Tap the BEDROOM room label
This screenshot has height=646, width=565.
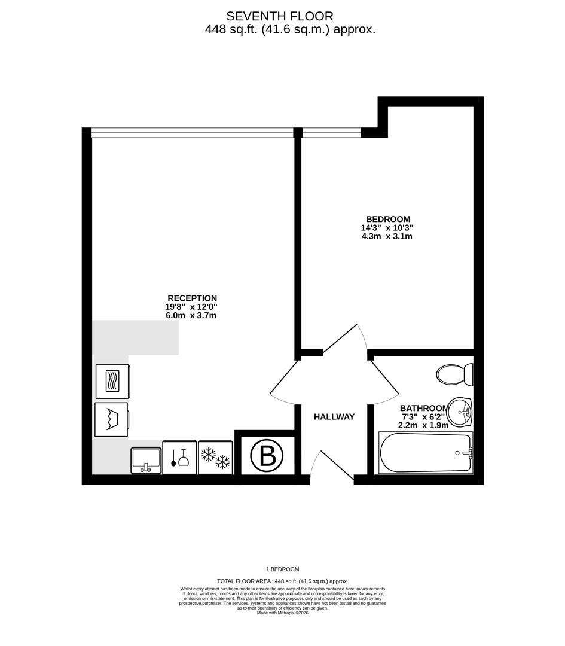[388, 219]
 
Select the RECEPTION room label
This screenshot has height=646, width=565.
[192, 298]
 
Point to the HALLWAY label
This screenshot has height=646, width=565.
[334, 417]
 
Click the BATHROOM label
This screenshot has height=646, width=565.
[424, 409]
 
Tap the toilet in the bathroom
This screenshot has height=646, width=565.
[454, 374]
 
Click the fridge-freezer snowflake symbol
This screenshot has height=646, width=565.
[215, 458]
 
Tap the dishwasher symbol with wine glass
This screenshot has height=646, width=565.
[179, 458]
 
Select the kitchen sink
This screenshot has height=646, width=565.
[146, 459]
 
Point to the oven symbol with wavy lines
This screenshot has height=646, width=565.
[112, 381]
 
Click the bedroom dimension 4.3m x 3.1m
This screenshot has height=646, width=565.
[387, 236]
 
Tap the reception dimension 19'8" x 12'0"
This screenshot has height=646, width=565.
[191, 307]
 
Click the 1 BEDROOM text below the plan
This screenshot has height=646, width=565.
[282, 569]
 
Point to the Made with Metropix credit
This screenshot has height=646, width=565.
[282, 613]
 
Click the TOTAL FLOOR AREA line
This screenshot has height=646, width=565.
[282, 581]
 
